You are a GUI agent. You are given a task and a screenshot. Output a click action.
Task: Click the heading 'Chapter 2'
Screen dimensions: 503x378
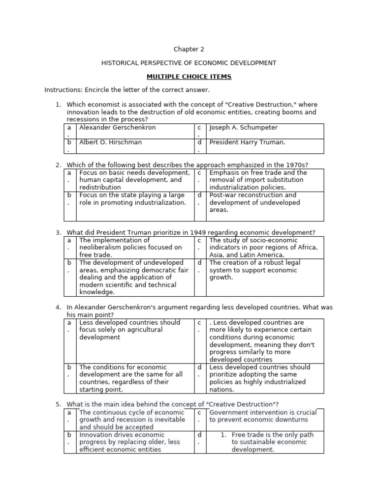coord(189,49)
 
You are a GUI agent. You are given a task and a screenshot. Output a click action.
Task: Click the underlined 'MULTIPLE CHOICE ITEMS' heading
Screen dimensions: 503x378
coord(189,77)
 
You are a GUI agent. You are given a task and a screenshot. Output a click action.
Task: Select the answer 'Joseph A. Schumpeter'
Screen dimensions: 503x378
coord(243,128)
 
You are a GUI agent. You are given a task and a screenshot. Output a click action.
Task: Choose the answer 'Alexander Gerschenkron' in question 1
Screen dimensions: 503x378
coord(117,128)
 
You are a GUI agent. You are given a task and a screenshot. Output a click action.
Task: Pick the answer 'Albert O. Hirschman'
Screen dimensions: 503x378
coord(110,142)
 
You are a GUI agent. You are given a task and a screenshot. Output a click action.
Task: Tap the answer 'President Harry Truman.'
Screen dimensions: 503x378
coord(247,142)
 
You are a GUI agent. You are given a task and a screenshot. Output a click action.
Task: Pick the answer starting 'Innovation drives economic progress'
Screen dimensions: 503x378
coord(129,442)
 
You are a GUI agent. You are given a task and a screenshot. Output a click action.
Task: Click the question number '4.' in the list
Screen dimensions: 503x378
coord(58,307)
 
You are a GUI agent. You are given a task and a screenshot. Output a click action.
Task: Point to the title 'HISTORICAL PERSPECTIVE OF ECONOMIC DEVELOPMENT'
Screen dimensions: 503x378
coord(189,63)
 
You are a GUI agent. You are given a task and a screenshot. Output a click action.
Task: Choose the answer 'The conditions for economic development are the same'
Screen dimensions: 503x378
coord(130,378)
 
